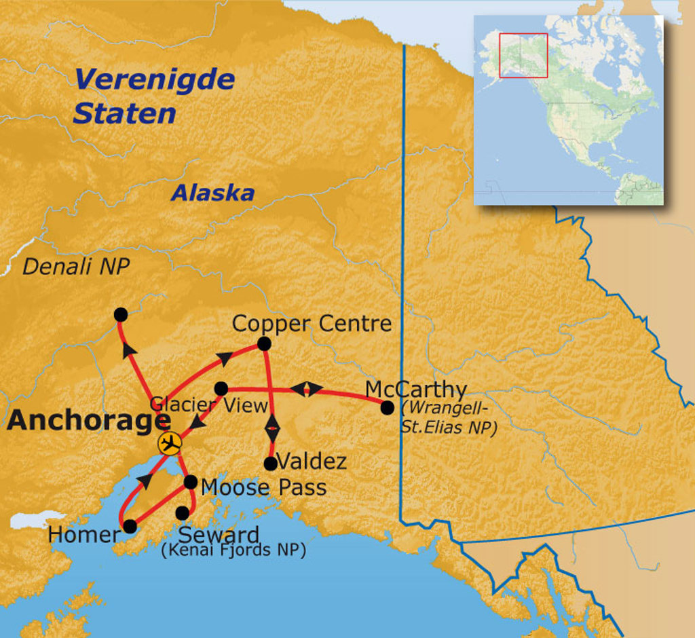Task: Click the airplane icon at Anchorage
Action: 169,443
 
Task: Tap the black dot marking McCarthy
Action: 387,407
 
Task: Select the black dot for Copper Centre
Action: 264,344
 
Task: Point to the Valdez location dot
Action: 270,463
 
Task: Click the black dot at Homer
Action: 130,526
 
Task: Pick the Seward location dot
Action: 183,512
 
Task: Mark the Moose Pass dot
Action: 191,482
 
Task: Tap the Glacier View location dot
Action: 221,388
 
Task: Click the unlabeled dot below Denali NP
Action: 121,314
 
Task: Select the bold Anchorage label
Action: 88,421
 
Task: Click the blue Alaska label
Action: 212,193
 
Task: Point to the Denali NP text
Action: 75,267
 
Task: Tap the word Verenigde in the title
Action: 155,79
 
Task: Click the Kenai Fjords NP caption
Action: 233,550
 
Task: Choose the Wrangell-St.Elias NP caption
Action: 449,419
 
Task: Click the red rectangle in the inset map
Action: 523,56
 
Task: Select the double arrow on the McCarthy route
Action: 307,389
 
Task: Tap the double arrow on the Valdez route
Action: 272,428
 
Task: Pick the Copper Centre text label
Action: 312,324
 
